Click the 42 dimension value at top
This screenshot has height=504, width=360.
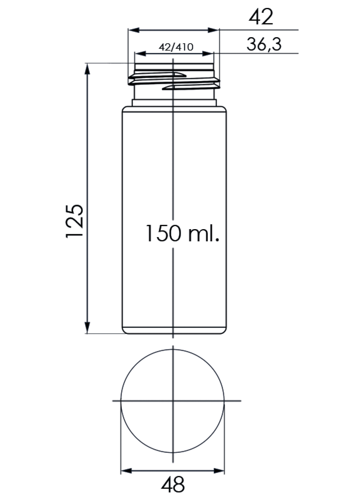click(x=261, y=17)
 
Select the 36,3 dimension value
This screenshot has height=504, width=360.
click(x=264, y=44)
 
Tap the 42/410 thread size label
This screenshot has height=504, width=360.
click(x=176, y=47)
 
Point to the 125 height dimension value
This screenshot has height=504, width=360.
click(x=75, y=220)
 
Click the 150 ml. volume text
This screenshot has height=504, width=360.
click(x=183, y=233)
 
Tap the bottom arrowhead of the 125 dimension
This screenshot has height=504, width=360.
click(x=87, y=328)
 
